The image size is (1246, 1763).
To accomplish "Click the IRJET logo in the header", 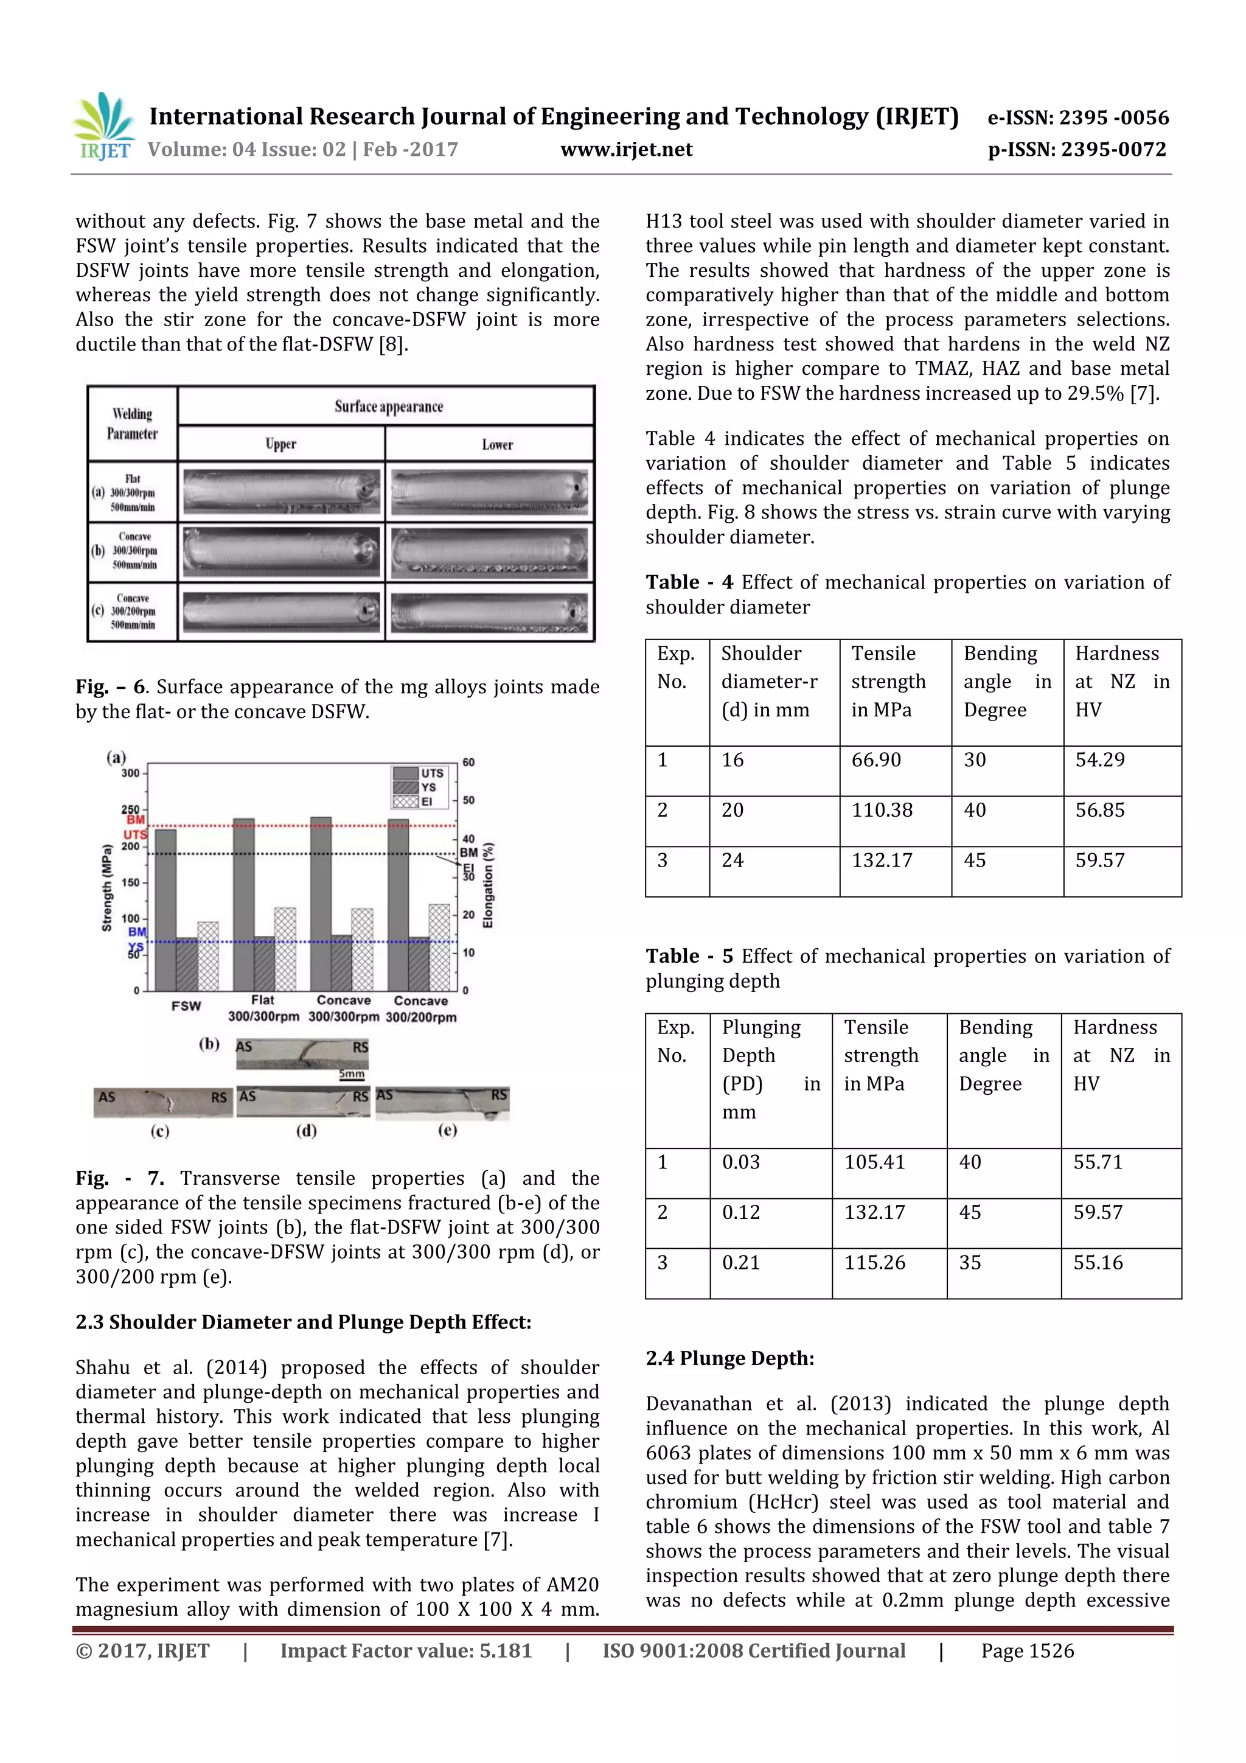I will pos(103,126).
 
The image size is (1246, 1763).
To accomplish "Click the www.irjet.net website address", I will pos(627,149).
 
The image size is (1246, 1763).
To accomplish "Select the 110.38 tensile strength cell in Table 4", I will pos(882,810).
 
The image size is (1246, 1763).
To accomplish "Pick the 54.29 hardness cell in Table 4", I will pos(1099,759).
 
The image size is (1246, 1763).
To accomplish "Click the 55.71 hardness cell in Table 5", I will pos(1097,1162).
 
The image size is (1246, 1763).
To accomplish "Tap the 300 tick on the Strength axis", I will pos(131,773).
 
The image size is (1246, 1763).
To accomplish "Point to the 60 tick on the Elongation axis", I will pos(468,763).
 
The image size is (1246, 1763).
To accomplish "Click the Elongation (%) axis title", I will pos(489,885).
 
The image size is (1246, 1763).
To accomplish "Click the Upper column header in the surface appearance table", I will pos(281,444).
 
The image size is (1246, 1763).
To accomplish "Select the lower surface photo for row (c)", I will pos(489,612).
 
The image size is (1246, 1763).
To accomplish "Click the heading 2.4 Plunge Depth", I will pos(729,1358).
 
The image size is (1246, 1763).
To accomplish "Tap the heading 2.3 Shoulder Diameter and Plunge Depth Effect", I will pos(303,1322).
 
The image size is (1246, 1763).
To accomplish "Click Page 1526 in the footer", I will pos(1026,1651).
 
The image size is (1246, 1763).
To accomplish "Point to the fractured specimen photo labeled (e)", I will pos(442,1103).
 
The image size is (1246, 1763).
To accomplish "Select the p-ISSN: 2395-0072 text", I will pos(1076,149).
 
